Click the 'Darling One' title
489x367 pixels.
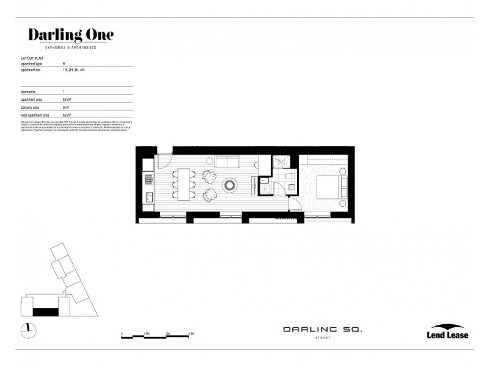point(71,35)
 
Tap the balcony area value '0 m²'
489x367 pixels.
point(66,107)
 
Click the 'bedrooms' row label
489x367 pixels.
point(29,91)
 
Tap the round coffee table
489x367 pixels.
point(232,184)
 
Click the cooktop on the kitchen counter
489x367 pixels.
point(147,179)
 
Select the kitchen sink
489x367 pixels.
point(147,197)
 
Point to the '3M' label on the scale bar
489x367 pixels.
point(168,334)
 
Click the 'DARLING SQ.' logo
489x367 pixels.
point(322,330)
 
